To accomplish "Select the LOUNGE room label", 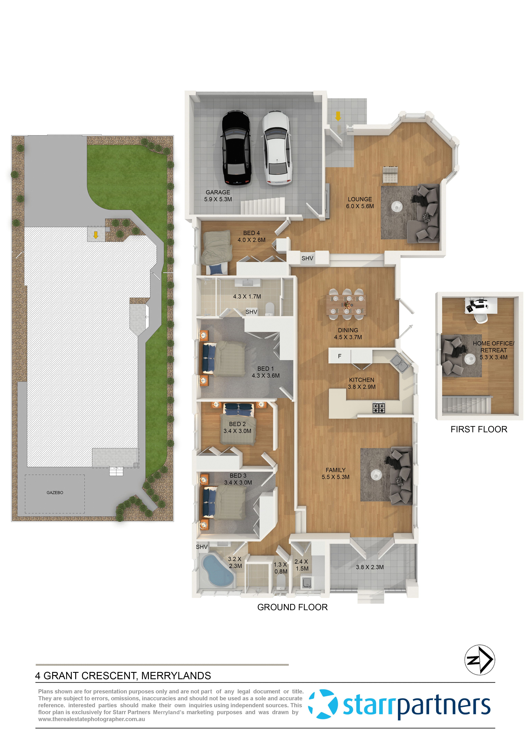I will [x=360, y=199].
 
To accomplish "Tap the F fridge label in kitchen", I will [x=340, y=356].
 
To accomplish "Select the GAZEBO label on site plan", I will [x=55, y=493].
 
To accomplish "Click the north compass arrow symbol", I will [x=480, y=660].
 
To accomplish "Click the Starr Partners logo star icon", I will [x=323, y=704].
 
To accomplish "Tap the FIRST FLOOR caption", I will [x=479, y=429].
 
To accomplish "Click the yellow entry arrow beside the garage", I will [x=338, y=116].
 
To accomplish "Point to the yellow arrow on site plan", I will [x=96, y=235].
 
